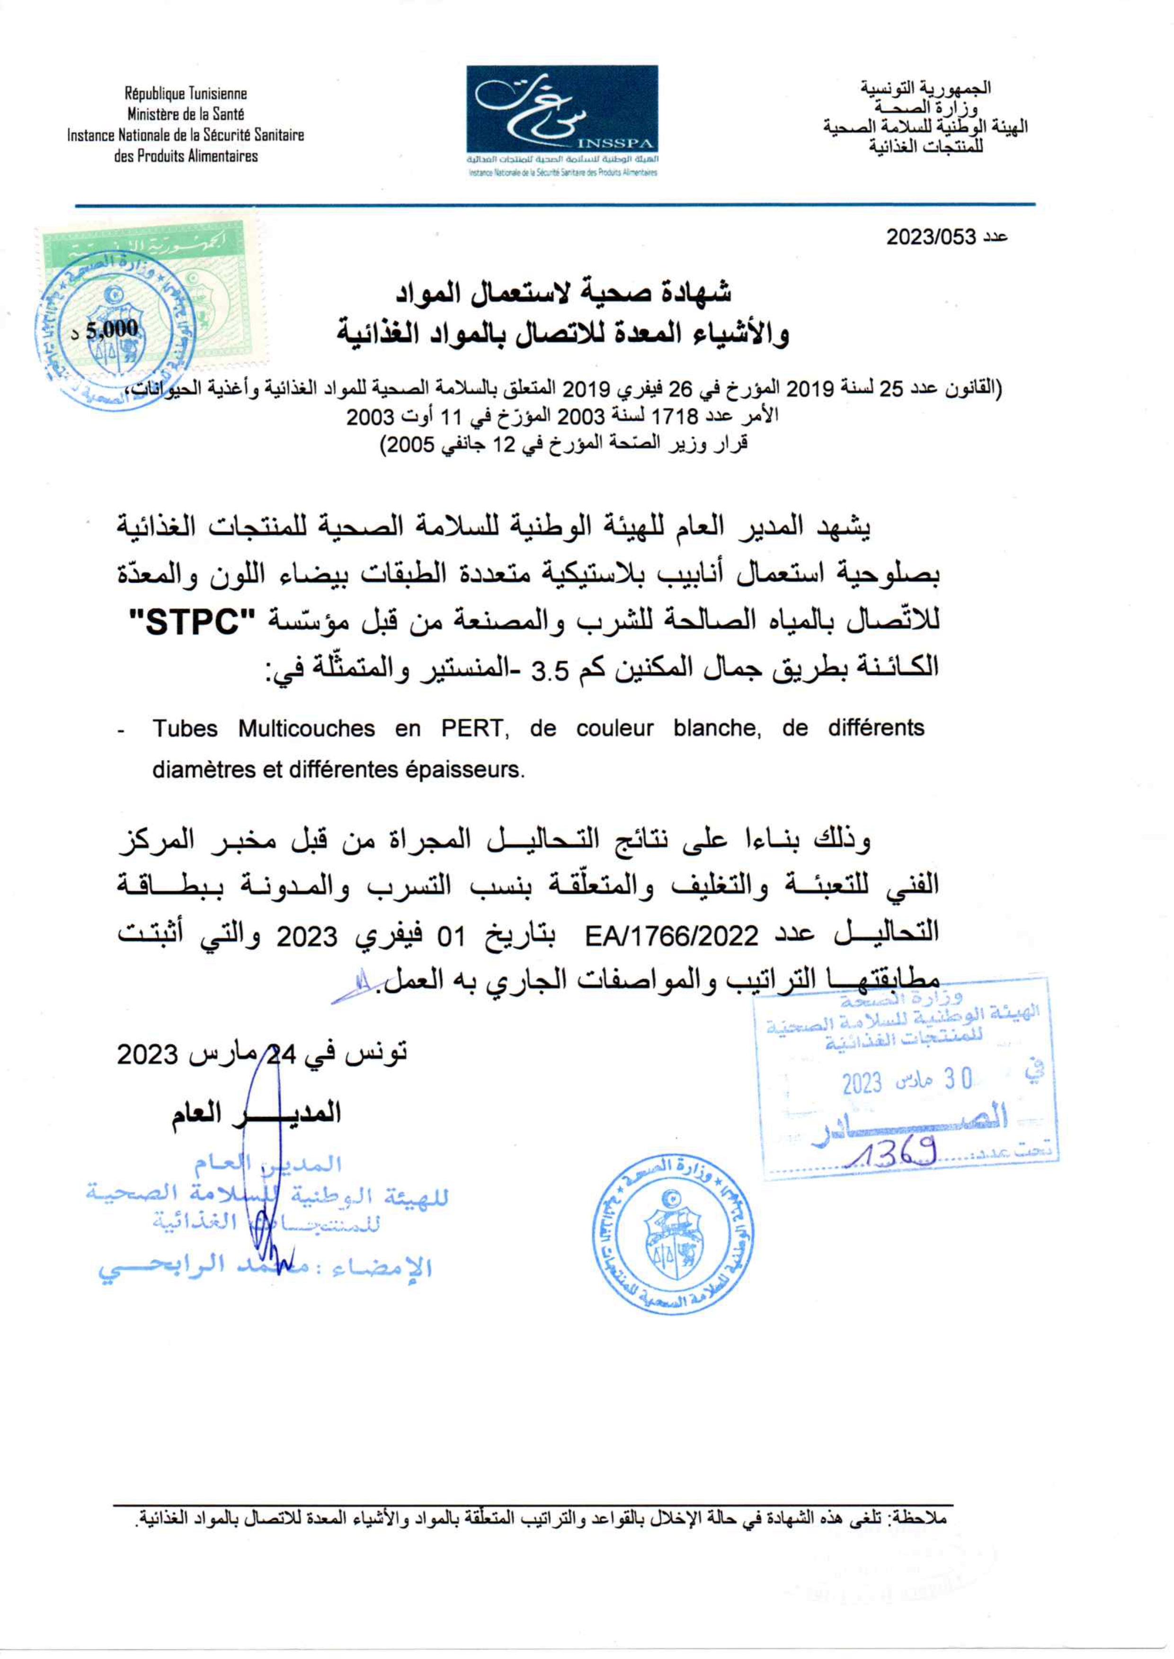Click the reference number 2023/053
click(932, 237)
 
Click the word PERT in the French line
click(471, 728)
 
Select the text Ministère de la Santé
click(186, 114)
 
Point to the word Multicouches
click(306, 728)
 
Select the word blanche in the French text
click(717, 728)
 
